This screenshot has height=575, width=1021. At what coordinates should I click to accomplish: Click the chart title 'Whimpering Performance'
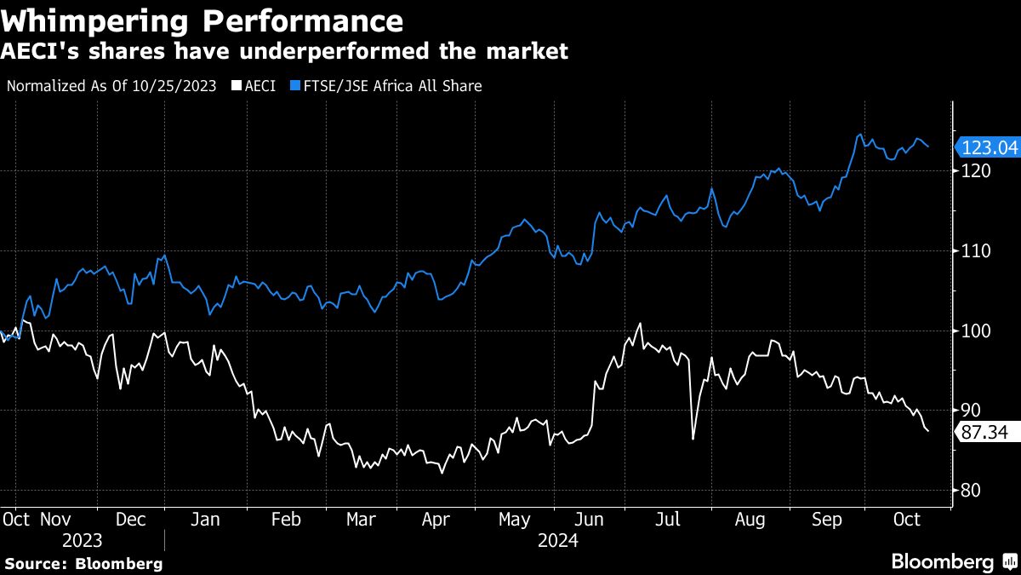pos(203,20)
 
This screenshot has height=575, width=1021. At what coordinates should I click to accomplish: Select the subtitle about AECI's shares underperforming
pos(284,52)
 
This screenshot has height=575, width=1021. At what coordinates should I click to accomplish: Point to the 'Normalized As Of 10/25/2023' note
pos(111,86)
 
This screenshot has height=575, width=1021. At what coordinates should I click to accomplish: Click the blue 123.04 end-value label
pos(989,147)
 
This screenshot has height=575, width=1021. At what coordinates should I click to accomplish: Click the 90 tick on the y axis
pos(971,411)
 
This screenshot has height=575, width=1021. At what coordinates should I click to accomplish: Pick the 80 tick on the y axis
pos(971,491)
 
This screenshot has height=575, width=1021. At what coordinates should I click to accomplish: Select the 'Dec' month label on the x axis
pos(130,519)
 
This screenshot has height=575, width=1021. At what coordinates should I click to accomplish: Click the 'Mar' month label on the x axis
pos(361,519)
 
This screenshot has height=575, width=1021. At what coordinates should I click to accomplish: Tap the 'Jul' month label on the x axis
pos(667,519)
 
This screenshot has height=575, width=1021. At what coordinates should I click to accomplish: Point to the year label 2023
pos(82,541)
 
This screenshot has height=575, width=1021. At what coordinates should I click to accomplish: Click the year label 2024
pos(557,541)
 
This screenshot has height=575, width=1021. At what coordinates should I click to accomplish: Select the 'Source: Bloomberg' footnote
pos(83,563)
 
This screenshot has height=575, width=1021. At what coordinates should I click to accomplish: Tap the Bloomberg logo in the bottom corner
pos(953,562)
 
